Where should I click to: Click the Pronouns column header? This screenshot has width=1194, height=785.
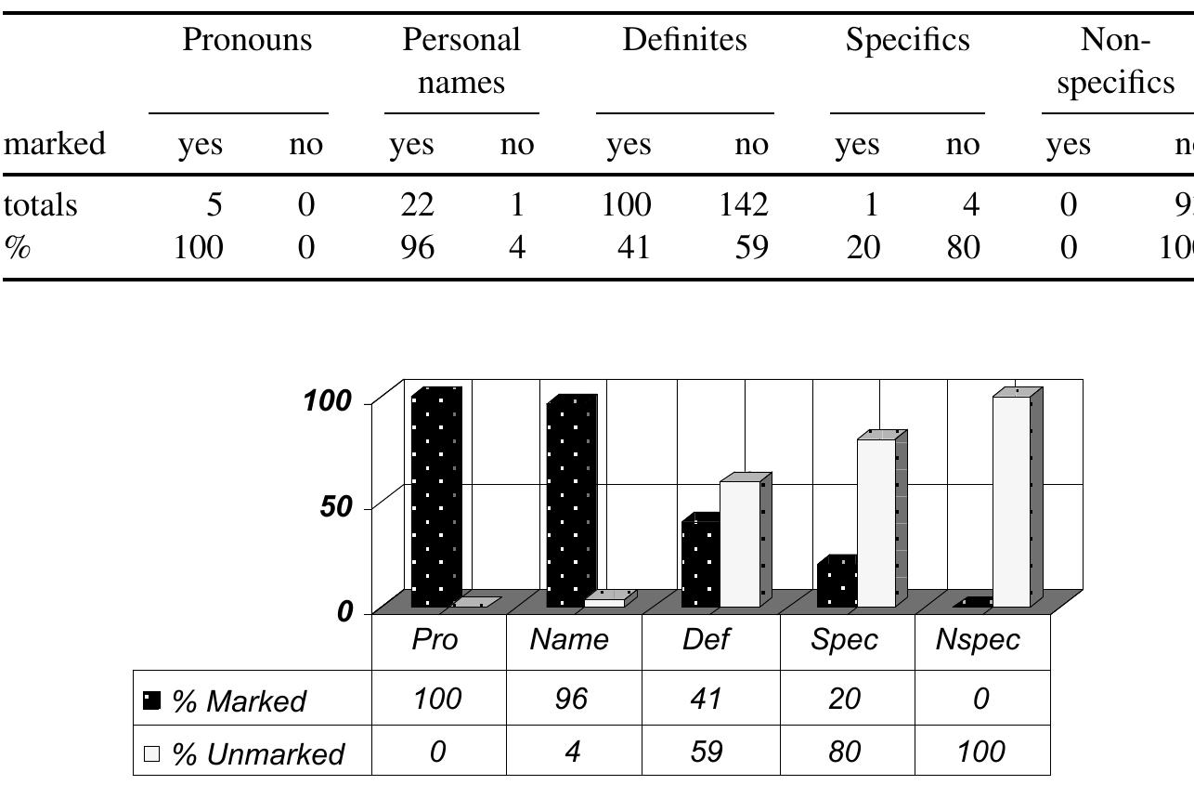246,40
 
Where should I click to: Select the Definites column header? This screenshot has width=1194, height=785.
684,40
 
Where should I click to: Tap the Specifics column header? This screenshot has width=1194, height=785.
907,40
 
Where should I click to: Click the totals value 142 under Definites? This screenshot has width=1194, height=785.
743,204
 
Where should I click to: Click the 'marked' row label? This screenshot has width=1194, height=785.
55,144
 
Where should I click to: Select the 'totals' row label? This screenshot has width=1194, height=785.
41,204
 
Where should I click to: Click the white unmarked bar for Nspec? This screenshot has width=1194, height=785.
1011,502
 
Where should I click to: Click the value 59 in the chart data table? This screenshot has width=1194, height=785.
707,751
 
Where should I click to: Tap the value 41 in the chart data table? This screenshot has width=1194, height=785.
707,698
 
